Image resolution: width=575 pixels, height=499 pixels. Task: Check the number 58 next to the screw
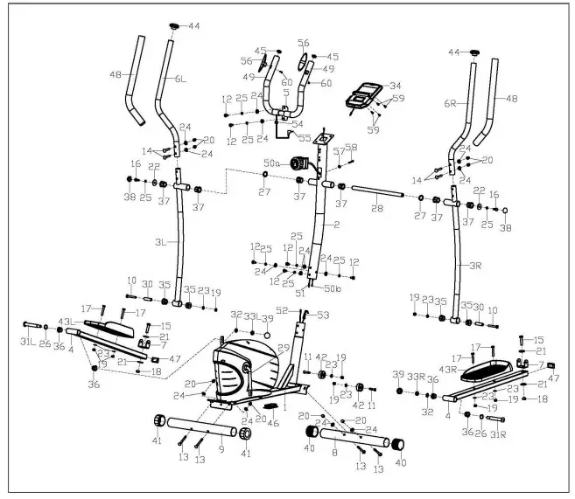(352, 147)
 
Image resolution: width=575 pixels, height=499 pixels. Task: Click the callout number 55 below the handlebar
(305, 138)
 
